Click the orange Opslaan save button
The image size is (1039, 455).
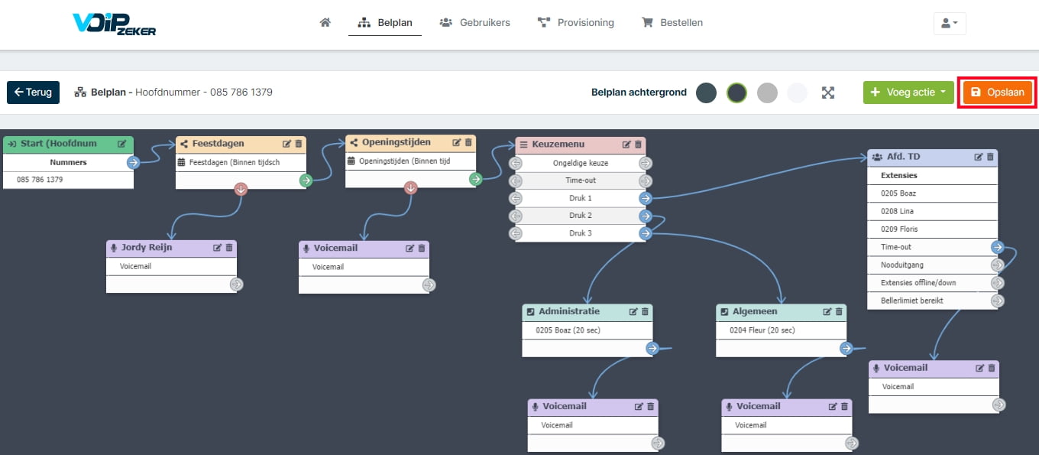tap(997, 93)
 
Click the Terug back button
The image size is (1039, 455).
tap(33, 93)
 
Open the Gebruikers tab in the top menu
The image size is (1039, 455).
tap(474, 22)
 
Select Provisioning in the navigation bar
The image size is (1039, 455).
tap(575, 22)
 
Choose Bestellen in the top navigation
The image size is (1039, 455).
tap(672, 22)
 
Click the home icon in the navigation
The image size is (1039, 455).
tap(325, 22)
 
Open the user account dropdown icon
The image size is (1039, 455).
tap(950, 23)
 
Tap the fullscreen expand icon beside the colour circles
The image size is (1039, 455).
tap(828, 93)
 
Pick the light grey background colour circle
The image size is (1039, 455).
tap(767, 93)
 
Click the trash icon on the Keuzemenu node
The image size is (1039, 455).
tap(638, 145)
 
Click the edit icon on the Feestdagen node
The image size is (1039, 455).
tap(286, 144)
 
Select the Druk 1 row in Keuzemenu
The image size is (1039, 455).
tap(581, 198)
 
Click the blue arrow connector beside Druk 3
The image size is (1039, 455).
tap(646, 233)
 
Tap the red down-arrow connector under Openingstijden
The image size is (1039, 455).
tap(410, 188)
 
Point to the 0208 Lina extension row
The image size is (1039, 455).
tap(932, 211)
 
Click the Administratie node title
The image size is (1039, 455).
tap(569, 311)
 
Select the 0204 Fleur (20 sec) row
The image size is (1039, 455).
tap(762, 330)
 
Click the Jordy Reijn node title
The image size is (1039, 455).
tap(147, 248)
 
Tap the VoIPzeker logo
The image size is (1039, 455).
tap(114, 24)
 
